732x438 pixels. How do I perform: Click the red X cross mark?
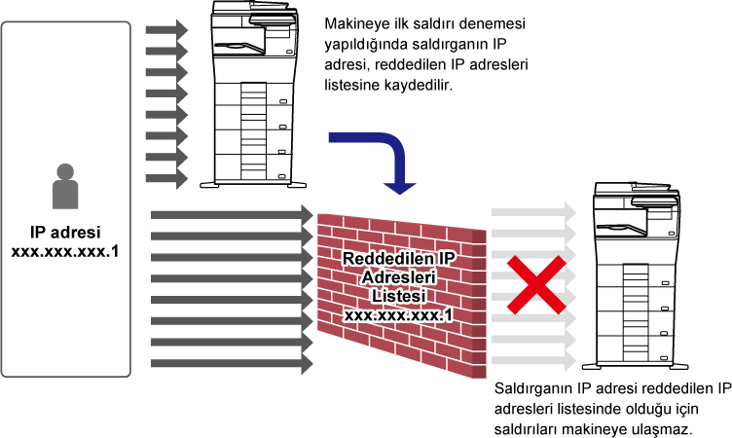536,284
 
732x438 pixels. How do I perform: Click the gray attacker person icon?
65,186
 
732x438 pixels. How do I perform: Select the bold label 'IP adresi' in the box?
65,232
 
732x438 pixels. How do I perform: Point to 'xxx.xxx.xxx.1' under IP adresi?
65,252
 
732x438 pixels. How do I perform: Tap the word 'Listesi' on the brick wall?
399,296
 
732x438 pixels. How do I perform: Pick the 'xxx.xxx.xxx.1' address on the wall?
399,315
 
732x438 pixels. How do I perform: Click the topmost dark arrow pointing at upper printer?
166,30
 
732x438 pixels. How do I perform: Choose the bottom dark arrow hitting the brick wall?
232,363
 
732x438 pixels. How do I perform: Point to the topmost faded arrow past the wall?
534,212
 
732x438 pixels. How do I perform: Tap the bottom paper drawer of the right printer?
635,347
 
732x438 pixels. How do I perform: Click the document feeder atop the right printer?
636,189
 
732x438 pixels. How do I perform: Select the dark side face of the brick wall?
479,303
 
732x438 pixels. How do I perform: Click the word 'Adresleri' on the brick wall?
399,277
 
